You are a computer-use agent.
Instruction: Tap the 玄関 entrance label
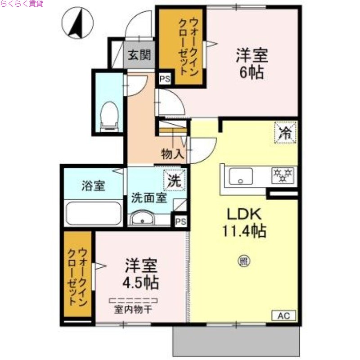coord(139,56)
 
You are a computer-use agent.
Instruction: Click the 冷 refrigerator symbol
coord(285,132)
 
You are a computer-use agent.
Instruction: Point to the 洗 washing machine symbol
coord(173,180)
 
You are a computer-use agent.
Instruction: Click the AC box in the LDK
coord(283,315)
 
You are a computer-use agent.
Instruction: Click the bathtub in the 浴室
coord(94,214)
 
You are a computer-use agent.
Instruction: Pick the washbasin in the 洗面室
coord(142,219)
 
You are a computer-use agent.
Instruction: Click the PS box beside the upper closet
coord(165,79)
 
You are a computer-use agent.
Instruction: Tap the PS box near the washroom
coord(181,221)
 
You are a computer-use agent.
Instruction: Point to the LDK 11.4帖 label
coord(243,223)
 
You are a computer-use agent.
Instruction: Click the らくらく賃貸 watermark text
coord(22,4)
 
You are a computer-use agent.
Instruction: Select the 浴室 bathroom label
coord(94,185)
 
